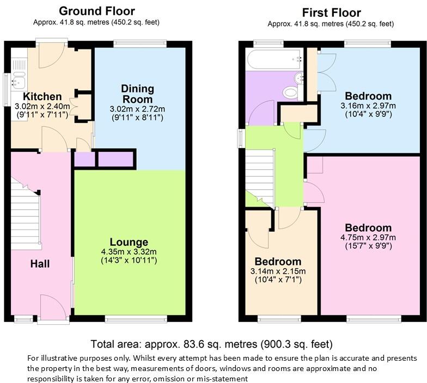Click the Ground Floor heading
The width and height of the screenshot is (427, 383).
(96, 11)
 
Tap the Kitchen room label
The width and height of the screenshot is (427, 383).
(34, 97)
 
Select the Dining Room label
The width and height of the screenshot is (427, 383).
(137, 94)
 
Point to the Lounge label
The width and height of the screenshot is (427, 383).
(129, 242)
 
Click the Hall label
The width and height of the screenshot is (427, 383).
(40, 264)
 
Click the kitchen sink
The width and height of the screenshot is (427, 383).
(19, 82)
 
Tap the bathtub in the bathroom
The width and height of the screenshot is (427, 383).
(274, 59)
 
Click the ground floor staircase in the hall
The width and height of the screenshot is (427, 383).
(26, 218)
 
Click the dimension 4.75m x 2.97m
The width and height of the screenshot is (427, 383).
(368, 237)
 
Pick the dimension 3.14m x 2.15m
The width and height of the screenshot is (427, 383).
(278, 271)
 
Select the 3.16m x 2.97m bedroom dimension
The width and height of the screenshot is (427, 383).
(368, 106)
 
